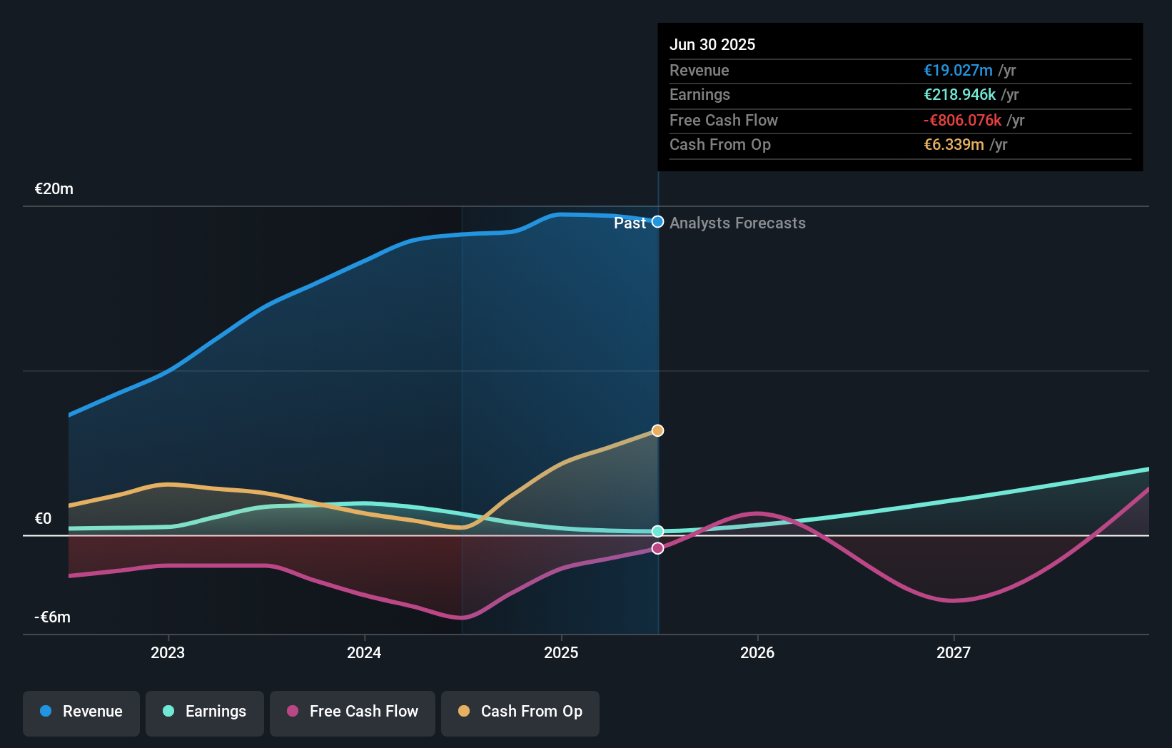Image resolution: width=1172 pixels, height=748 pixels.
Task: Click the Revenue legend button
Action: (x=81, y=712)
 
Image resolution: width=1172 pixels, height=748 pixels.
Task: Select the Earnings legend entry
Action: (x=205, y=712)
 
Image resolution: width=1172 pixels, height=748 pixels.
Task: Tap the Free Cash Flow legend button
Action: (x=353, y=712)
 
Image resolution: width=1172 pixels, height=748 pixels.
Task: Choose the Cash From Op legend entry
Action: (x=520, y=712)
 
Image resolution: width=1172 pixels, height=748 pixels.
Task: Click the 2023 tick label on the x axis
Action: (x=168, y=652)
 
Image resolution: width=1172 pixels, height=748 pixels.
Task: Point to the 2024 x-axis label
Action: (x=364, y=652)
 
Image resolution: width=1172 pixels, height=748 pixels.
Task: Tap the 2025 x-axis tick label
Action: (x=561, y=652)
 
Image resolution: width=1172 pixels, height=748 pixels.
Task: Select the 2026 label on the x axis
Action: (x=757, y=652)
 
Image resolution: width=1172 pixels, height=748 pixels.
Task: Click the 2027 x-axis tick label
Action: (x=954, y=652)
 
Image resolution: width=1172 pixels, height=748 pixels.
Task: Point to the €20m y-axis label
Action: (x=54, y=189)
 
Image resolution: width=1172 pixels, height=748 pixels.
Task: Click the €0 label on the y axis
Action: (x=44, y=519)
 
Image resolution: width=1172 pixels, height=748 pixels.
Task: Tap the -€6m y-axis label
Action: (x=53, y=617)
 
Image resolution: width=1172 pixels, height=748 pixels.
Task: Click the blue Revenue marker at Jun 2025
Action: (x=658, y=222)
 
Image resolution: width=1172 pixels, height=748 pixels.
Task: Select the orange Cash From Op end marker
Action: (x=658, y=430)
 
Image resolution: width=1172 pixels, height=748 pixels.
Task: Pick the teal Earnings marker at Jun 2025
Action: (x=658, y=531)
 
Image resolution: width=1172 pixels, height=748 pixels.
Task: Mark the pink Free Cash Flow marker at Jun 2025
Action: (x=658, y=548)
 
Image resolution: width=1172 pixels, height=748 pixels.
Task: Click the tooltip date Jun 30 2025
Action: (x=712, y=44)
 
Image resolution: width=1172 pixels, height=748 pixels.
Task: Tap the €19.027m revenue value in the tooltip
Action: (x=958, y=71)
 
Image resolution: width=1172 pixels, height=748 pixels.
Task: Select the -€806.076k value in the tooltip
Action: (x=962, y=121)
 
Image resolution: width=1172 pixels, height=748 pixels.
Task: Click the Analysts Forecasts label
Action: (x=737, y=223)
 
